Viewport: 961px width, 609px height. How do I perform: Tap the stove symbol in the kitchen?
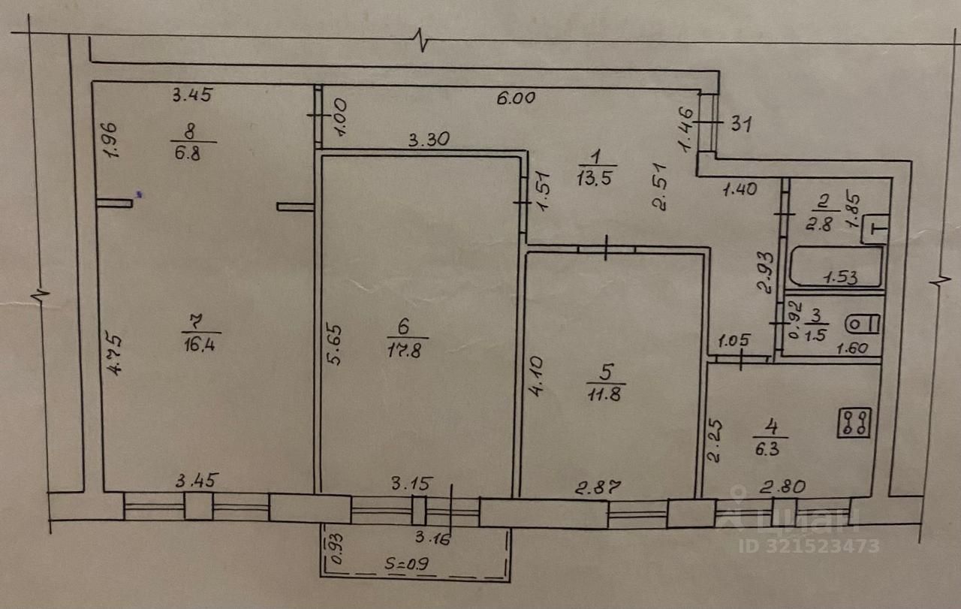pyautogui.click(x=856, y=423)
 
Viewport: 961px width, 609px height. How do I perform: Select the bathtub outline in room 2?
pyautogui.click(x=834, y=267)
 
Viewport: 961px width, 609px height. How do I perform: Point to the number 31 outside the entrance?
pyautogui.click(x=741, y=124)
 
